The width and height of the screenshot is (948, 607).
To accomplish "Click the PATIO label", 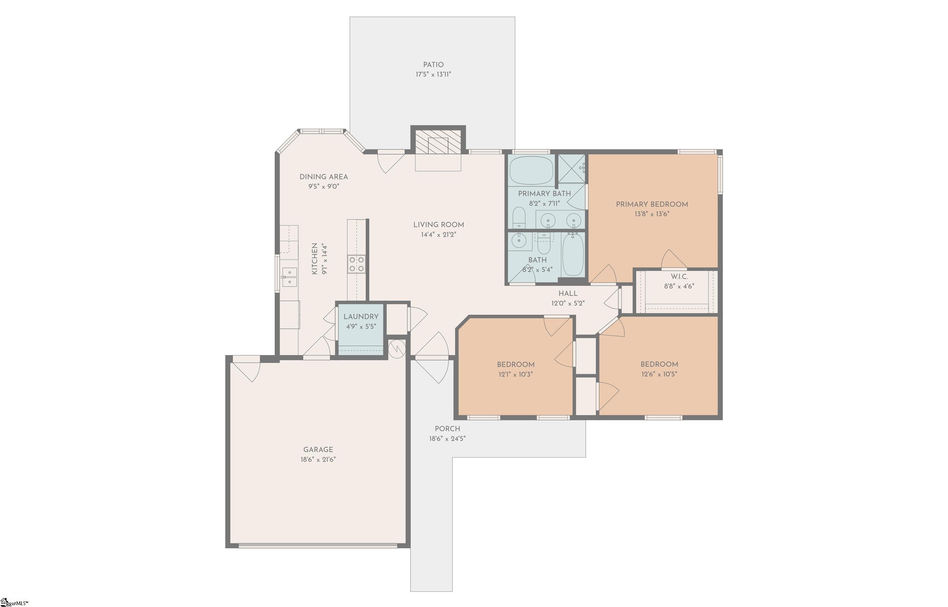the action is click(x=433, y=65).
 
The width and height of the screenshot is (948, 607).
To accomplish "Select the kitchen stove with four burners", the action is click(x=356, y=264).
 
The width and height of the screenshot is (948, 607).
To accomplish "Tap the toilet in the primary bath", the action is click(x=519, y=218).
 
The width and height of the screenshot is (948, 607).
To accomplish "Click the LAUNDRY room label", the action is click(x=361, y=316).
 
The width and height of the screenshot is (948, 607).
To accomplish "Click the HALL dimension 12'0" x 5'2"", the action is click(x=568, y=303).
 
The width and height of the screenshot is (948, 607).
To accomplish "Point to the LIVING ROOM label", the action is click(x=438, y=225).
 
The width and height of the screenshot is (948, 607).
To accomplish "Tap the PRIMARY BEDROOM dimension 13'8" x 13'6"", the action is click(x=652, y=214).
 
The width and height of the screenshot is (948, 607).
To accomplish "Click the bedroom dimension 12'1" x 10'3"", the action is click(x=516, y=374).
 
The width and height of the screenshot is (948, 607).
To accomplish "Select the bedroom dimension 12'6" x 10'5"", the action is click(x=659, y=374).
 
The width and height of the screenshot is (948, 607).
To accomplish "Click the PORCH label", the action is click(x=447, y=429).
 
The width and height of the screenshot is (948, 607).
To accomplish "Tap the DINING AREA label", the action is click(x=324, y=177).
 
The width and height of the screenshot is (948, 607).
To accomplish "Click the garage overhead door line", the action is click(x=318, y=546).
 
